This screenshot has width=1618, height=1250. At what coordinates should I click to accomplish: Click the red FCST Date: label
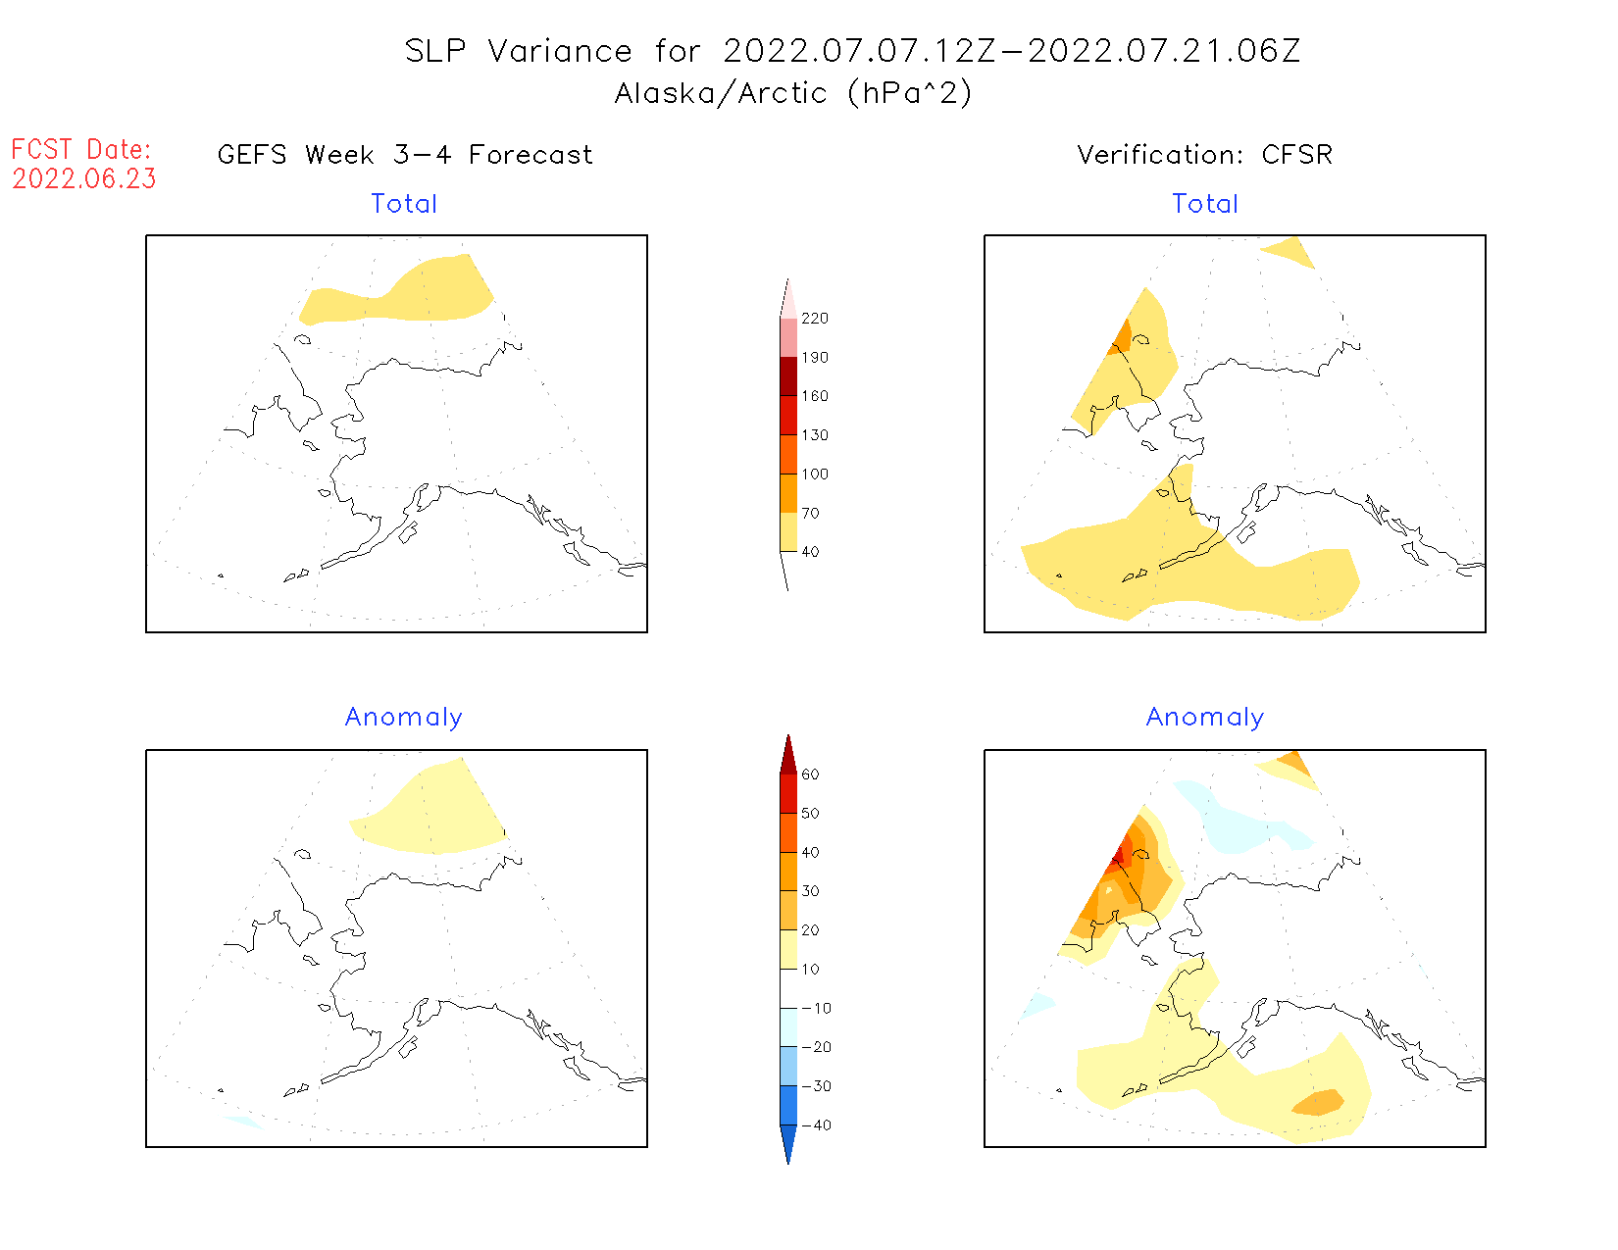81,150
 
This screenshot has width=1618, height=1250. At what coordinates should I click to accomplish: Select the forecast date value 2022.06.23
84,179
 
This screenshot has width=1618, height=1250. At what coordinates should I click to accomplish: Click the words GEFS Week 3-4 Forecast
405,155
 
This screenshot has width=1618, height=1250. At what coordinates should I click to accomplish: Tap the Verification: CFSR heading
1204,155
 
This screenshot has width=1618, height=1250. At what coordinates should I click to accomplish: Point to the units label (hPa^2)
910,93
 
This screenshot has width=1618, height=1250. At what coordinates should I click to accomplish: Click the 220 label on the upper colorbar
814,319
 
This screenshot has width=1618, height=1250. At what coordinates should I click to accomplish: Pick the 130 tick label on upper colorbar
814,435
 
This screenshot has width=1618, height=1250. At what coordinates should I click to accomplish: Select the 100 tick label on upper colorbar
814,475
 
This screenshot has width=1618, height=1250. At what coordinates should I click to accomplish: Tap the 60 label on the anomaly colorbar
810,775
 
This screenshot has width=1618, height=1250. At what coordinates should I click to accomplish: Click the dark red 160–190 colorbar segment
788,376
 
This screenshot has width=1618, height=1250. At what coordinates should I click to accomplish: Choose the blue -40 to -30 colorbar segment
788,1105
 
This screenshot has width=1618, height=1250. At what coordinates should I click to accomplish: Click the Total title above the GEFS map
404,204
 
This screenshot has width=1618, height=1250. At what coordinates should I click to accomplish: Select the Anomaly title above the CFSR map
1205,718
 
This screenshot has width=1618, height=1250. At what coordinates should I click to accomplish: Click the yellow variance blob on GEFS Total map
431,292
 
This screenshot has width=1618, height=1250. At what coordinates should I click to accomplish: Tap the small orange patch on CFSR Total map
1122,337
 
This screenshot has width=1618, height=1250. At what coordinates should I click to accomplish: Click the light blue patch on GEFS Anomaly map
241,1122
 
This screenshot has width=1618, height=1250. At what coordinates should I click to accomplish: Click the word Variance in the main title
560,51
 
